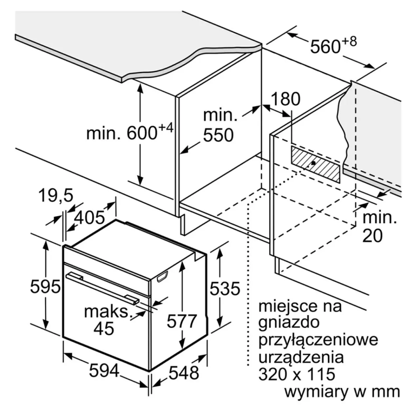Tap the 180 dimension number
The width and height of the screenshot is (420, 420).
[285, 99]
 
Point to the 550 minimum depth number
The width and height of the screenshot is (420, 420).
[219, 135]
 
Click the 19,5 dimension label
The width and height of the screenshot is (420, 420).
[56, 195]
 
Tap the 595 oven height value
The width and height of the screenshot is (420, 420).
[45, 286]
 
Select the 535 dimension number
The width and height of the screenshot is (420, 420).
[225, 288]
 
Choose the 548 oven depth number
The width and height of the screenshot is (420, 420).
[184, 373]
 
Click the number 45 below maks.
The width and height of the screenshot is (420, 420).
[104, 328]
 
